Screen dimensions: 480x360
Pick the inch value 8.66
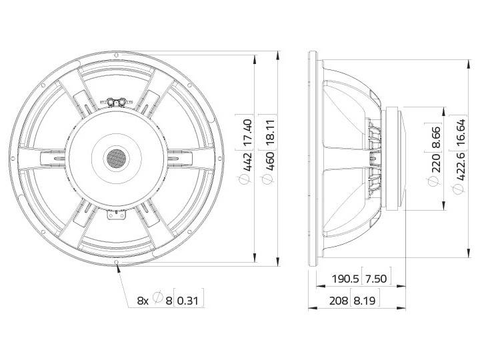tap(437, 137)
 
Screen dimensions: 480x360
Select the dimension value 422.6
tap(461, 165)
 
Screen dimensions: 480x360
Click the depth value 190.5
tap(345, 279)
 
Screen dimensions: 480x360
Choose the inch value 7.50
tap(376, 279)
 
